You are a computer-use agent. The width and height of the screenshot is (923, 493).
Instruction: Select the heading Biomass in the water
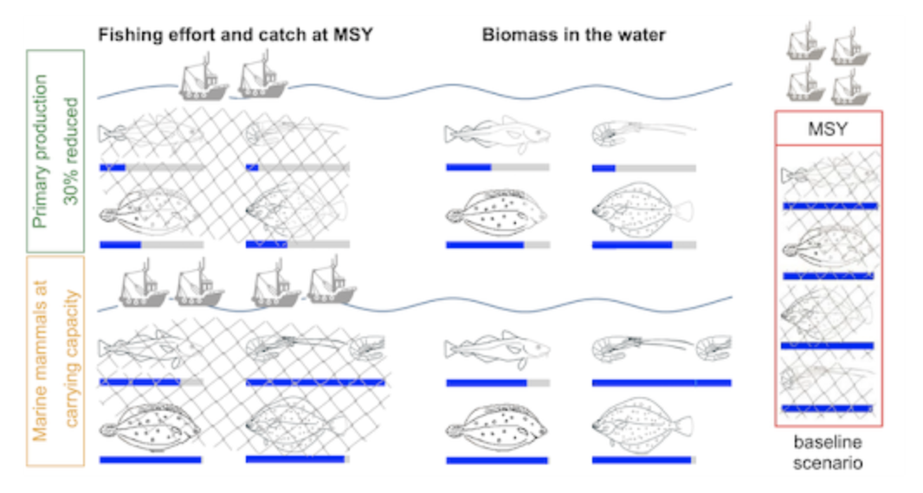click(x=573, y=35)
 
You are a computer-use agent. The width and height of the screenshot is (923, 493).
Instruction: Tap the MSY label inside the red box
click(x=828, y=129)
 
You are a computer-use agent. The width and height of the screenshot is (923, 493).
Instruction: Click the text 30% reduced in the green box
click(x=71, y=154)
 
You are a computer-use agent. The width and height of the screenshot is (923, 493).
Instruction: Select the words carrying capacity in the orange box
click(x=71, y=360)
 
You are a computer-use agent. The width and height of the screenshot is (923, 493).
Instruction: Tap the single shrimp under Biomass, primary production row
click(x=642, y=131)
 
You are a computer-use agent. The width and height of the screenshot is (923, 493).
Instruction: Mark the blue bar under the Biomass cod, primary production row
click(x=468, y=167)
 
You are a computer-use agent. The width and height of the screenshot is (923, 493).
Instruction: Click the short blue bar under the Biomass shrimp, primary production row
click(x=603, y=167)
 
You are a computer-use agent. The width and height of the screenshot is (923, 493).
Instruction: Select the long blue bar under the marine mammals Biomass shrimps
click(x=662, y=382)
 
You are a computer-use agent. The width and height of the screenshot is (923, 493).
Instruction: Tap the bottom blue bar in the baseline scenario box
click(x=826, y=407)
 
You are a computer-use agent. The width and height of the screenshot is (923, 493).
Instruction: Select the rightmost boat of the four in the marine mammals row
click(x=332, y=281)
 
